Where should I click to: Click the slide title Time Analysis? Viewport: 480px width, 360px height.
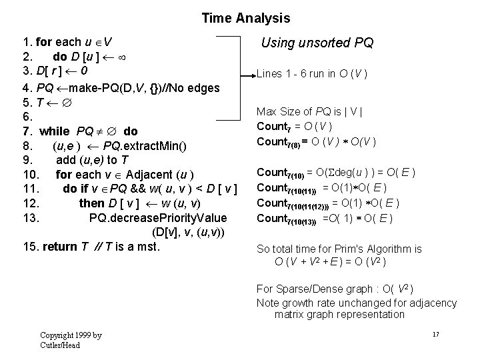pos(246,19)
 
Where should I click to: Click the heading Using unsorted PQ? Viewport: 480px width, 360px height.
pos(317,43)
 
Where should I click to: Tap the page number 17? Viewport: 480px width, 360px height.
pos(435,333)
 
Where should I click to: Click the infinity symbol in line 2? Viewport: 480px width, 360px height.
pos(121,56)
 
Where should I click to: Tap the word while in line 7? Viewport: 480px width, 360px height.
pos(55,131)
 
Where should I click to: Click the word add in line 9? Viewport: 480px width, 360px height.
pos(66,160)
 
